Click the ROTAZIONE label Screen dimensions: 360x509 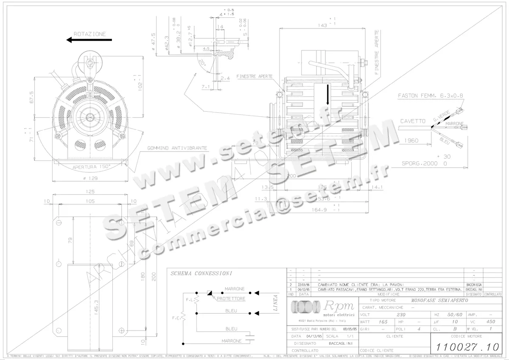click(x=90, y=34)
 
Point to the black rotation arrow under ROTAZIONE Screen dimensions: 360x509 click(x=89, y=40)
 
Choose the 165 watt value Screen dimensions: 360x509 click(x=383, y=322)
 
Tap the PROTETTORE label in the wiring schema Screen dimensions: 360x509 click(x=231, y=299)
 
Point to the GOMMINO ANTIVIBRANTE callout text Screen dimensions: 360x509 click(x=177, y=148)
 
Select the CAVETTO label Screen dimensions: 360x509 click(x=412, y=121)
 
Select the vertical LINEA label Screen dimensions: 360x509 click(x=275, y=303)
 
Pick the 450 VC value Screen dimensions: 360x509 click(x=490, y=322)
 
